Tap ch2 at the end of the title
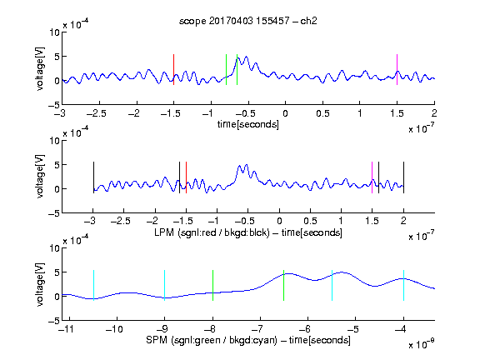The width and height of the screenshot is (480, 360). click(x=308, y=21)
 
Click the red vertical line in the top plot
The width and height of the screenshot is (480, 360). click(x=173, y=69)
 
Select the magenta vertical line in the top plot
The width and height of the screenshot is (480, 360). click(x=397, y=69)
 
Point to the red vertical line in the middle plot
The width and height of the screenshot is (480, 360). click(x=186, y=177)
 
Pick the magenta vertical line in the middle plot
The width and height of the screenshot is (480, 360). click(x=372, y=177)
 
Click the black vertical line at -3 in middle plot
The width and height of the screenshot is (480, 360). click(x=93, y=177)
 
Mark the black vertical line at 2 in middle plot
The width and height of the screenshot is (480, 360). click(x=404, y=177)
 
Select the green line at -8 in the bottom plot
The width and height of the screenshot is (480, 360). click(x=212, y=285)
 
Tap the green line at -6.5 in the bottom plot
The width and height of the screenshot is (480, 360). click(x=284, y=285)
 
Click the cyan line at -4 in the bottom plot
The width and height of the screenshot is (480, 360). click(x=404, y=285)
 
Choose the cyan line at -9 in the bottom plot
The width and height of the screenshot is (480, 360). click(x=165, y=285)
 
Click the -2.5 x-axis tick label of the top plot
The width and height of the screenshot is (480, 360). click(x=97, y=114)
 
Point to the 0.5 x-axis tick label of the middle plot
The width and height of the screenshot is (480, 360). click(x=310, y=221)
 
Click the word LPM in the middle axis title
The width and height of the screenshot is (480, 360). click(x=164, y=232)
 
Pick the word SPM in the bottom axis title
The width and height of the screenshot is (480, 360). click(x=157, y=340)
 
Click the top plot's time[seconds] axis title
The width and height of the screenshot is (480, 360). click(x=248, y=124)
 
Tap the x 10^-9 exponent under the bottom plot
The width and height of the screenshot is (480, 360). click(x=421, y=343)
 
